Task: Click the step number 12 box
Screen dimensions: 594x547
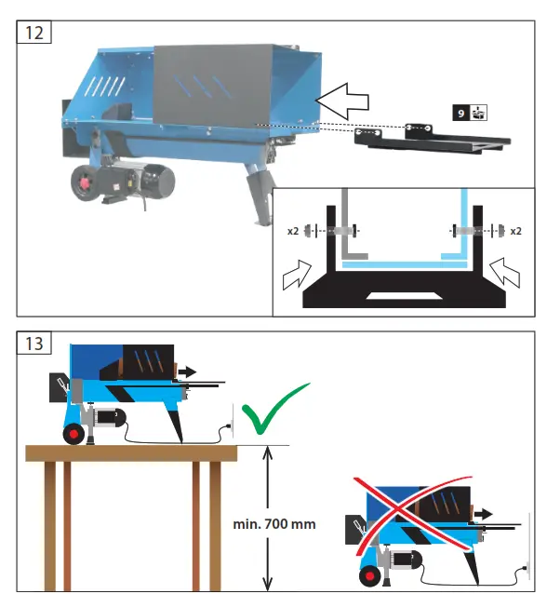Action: click(33, 33)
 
